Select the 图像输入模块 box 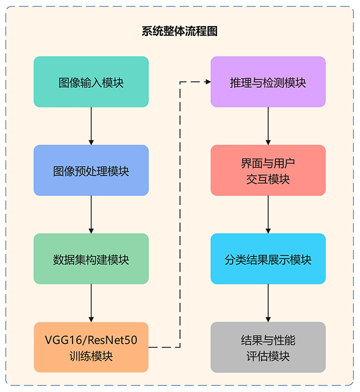(x=91, y=82)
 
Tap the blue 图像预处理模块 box (x=91, y=171)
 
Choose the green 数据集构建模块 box (x=91, y=259)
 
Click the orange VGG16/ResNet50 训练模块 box (x=91, y=348)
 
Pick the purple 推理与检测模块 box (x=268, y=82)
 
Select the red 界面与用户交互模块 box (x=268, y=171)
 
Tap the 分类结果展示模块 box (x=268, y=259)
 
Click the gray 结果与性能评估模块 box (x=268, y=348)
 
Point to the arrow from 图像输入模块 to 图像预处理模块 (x=91, y=126)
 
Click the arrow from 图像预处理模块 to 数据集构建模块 (x=91, y=214)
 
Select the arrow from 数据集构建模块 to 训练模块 (x=91, y=303)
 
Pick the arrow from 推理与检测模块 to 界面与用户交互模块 (x=268, y=126)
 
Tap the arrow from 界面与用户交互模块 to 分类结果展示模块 (x=268, y=214)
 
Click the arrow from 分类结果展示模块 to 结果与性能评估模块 (x=268, y=303)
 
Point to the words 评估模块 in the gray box (x=268, y=356)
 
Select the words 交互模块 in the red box (x=268, y=179)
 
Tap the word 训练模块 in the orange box (x=91, y=356)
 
